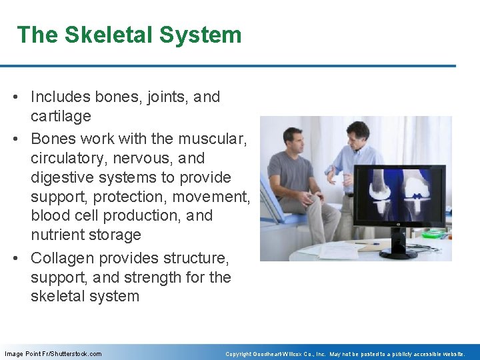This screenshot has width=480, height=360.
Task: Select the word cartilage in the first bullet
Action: pyautogui.click(x=61, y=116)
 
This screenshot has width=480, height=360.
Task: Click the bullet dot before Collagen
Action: pyautogui.click(x=22, y=259)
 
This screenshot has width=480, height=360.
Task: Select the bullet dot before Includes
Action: pyautogui.click(x=22, y=97)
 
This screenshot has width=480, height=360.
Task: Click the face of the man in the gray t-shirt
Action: pyautogui.click(x=293, y=139)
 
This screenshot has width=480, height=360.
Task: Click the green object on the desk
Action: pyautogui.click(x=433, y=234)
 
